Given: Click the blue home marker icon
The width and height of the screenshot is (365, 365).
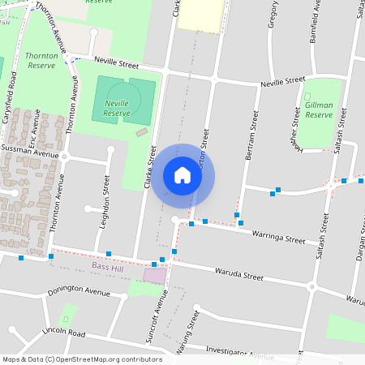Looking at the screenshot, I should pos(182,174).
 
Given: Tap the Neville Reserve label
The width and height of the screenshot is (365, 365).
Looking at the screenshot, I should pos(117,109).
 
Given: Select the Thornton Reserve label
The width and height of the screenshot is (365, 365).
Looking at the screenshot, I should pos(41,61).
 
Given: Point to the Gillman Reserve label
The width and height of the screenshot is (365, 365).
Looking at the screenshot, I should pos(320,109).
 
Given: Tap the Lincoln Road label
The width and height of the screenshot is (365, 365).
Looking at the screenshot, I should pos(64,333).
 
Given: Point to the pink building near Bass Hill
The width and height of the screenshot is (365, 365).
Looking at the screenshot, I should pos(154,275).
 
